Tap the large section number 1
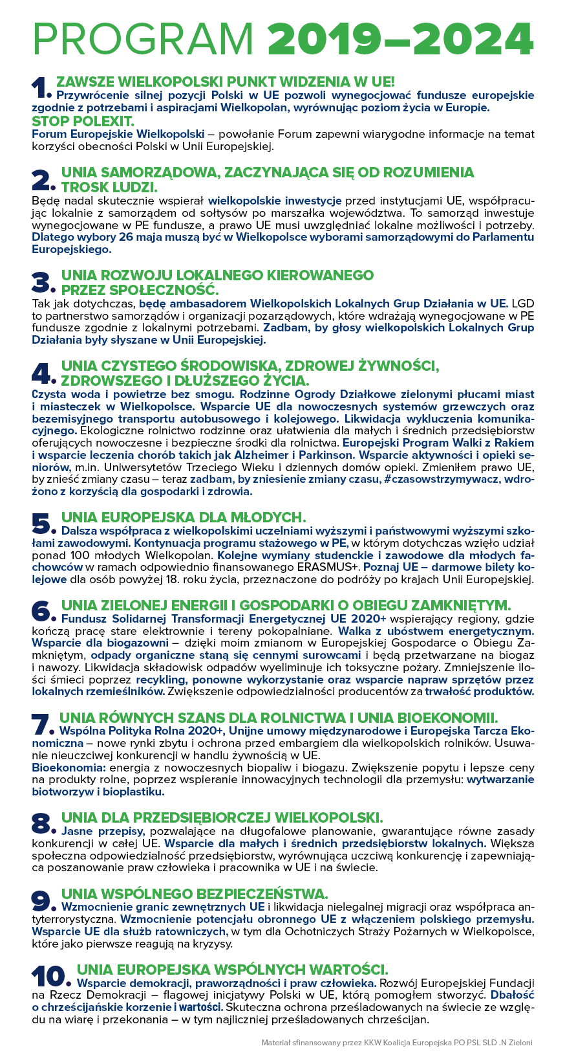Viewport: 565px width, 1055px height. click(x=41, y=88)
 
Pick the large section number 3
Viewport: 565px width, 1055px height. click(x=42, y=282)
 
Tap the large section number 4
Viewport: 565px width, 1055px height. click(x=42, y=373)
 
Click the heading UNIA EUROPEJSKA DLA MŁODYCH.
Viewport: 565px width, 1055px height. click(x=183, y=517)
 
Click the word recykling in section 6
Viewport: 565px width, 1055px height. click(x=161, y=680)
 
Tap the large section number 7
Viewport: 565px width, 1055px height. click(x=41, y=724)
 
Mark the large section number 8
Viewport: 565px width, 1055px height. click(x=42, y=823)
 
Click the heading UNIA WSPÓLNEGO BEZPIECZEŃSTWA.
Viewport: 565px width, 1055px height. click(x=195, y=893)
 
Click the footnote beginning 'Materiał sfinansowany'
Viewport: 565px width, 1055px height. click(x=397, y=1043)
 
